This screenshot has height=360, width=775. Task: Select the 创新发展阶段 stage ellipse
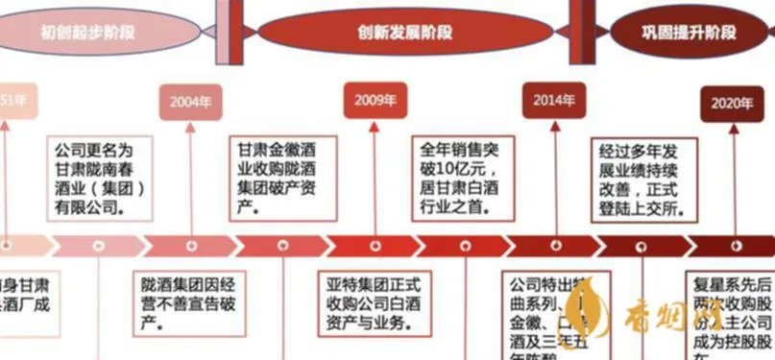(x=406, y=32)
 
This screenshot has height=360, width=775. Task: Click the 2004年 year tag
(x=190, y=101)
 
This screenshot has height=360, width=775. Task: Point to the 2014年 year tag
(x=554, y=100)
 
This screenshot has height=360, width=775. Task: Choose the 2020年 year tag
(x=732, y=103)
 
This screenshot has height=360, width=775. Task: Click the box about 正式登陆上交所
(x=639, y=180)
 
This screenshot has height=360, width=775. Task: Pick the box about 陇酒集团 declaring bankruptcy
(x=189, y=298)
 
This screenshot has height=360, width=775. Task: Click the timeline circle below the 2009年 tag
(x=375, y=246)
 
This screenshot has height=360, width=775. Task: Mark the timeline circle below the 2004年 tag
(x=190, y=246)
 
